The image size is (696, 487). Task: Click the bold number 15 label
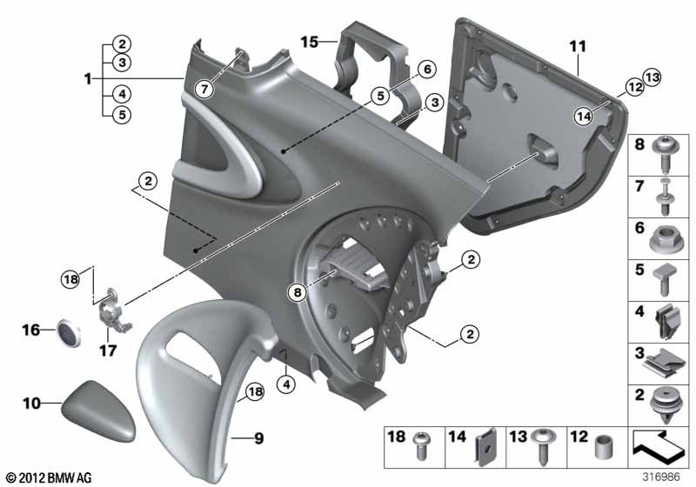pos(310,42)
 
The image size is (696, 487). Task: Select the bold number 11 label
pos(578,47)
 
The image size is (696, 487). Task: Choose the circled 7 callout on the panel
pos(204,90)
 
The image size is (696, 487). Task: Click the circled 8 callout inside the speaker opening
pos(297,292)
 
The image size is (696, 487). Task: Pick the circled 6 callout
pos(427,70)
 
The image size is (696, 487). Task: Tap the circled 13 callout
pos(652,77)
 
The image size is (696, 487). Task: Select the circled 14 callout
pos(584,117)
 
